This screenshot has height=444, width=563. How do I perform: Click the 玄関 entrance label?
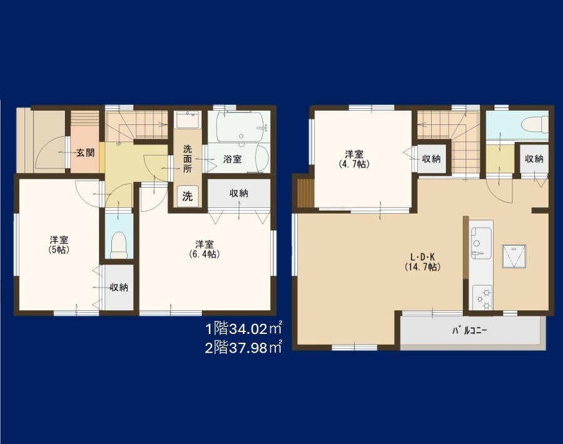coord(86,153)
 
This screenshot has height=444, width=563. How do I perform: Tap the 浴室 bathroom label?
coord(232,159)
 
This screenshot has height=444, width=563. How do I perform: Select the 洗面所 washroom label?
coord(188,159)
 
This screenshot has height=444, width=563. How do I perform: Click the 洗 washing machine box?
coord(187,196)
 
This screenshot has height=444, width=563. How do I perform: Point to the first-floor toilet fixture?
coord(119,245)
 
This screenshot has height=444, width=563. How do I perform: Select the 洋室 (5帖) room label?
coord(59,245)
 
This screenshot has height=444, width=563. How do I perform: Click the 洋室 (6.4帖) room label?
coord(205,249)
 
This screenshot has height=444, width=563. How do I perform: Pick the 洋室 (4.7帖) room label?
coord(354,159)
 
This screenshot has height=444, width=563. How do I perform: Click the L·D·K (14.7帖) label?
coord(423,261)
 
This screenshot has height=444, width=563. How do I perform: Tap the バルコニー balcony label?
coord(470,330)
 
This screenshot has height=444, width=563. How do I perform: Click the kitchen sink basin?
coord(481,243)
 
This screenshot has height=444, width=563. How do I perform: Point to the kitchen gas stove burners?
coord(482,298)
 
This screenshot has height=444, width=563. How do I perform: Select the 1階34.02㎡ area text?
coord(243,328)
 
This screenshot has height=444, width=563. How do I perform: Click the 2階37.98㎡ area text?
coord(243,348)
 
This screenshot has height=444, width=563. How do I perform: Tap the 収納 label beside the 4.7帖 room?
coord(431,159)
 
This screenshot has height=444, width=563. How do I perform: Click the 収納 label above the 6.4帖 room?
coord(239,193)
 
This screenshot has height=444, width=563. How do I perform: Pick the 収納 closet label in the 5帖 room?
coord(119,287)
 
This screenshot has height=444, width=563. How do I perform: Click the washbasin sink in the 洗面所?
coord(188,119)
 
